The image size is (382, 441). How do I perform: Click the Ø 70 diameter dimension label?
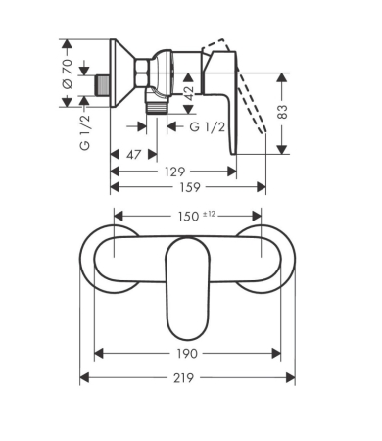click(x=68, y=73)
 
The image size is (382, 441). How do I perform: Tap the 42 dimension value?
click(x=188, y=93)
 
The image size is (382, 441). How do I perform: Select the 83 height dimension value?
click(x=283, y=112)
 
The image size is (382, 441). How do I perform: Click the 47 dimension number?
click(x=134, y=154)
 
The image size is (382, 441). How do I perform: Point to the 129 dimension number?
click(x=175, y=171)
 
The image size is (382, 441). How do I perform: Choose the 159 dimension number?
click(x=190, y=187)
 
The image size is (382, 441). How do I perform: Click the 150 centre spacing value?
click(x=188, y=217)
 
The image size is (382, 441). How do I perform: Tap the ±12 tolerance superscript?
click(x=209, y=214)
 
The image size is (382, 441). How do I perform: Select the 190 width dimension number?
click(x=187, y=353)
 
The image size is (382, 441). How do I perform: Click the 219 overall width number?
click(x=183, y=378)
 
